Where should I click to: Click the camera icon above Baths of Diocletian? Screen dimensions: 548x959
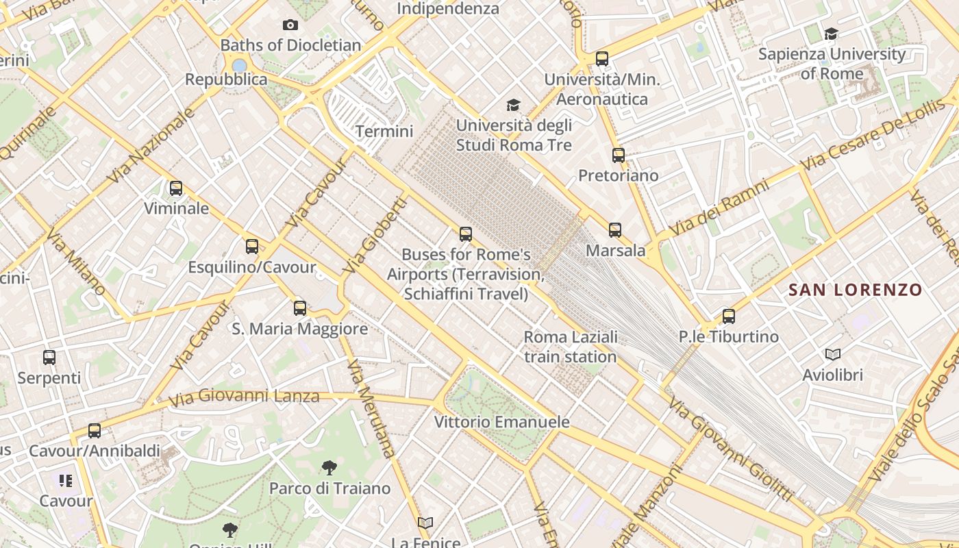[x=290, y=25]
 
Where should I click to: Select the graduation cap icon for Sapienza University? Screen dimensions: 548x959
[x=831, y=34]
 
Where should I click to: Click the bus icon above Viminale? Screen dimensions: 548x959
[x=176, y=188]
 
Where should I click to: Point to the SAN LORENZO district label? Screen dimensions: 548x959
[x=856, y=290]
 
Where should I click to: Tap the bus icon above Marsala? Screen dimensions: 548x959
[x=615, y=230]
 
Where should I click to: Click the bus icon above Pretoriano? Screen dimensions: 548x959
[x=619, y=155]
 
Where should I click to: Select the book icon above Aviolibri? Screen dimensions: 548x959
[x=833, y=354]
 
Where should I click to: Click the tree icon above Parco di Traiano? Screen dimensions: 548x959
[x=329, y=468]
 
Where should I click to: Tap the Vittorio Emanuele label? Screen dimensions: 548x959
[x=502, y=422]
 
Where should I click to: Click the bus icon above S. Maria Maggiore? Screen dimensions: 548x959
[x=300, y=308]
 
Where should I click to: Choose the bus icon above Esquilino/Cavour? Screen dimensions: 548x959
[x=252, y=247]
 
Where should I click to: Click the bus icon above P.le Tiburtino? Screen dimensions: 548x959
[x=729, y=316]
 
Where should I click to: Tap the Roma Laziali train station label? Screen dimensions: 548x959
[x=571, y=347]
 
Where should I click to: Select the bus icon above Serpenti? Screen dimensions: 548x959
[x=49, y=357]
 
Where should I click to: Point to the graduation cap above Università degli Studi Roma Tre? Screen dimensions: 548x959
[x=513, y=105]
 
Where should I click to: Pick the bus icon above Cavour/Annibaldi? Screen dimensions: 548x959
[x=95, y=431]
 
